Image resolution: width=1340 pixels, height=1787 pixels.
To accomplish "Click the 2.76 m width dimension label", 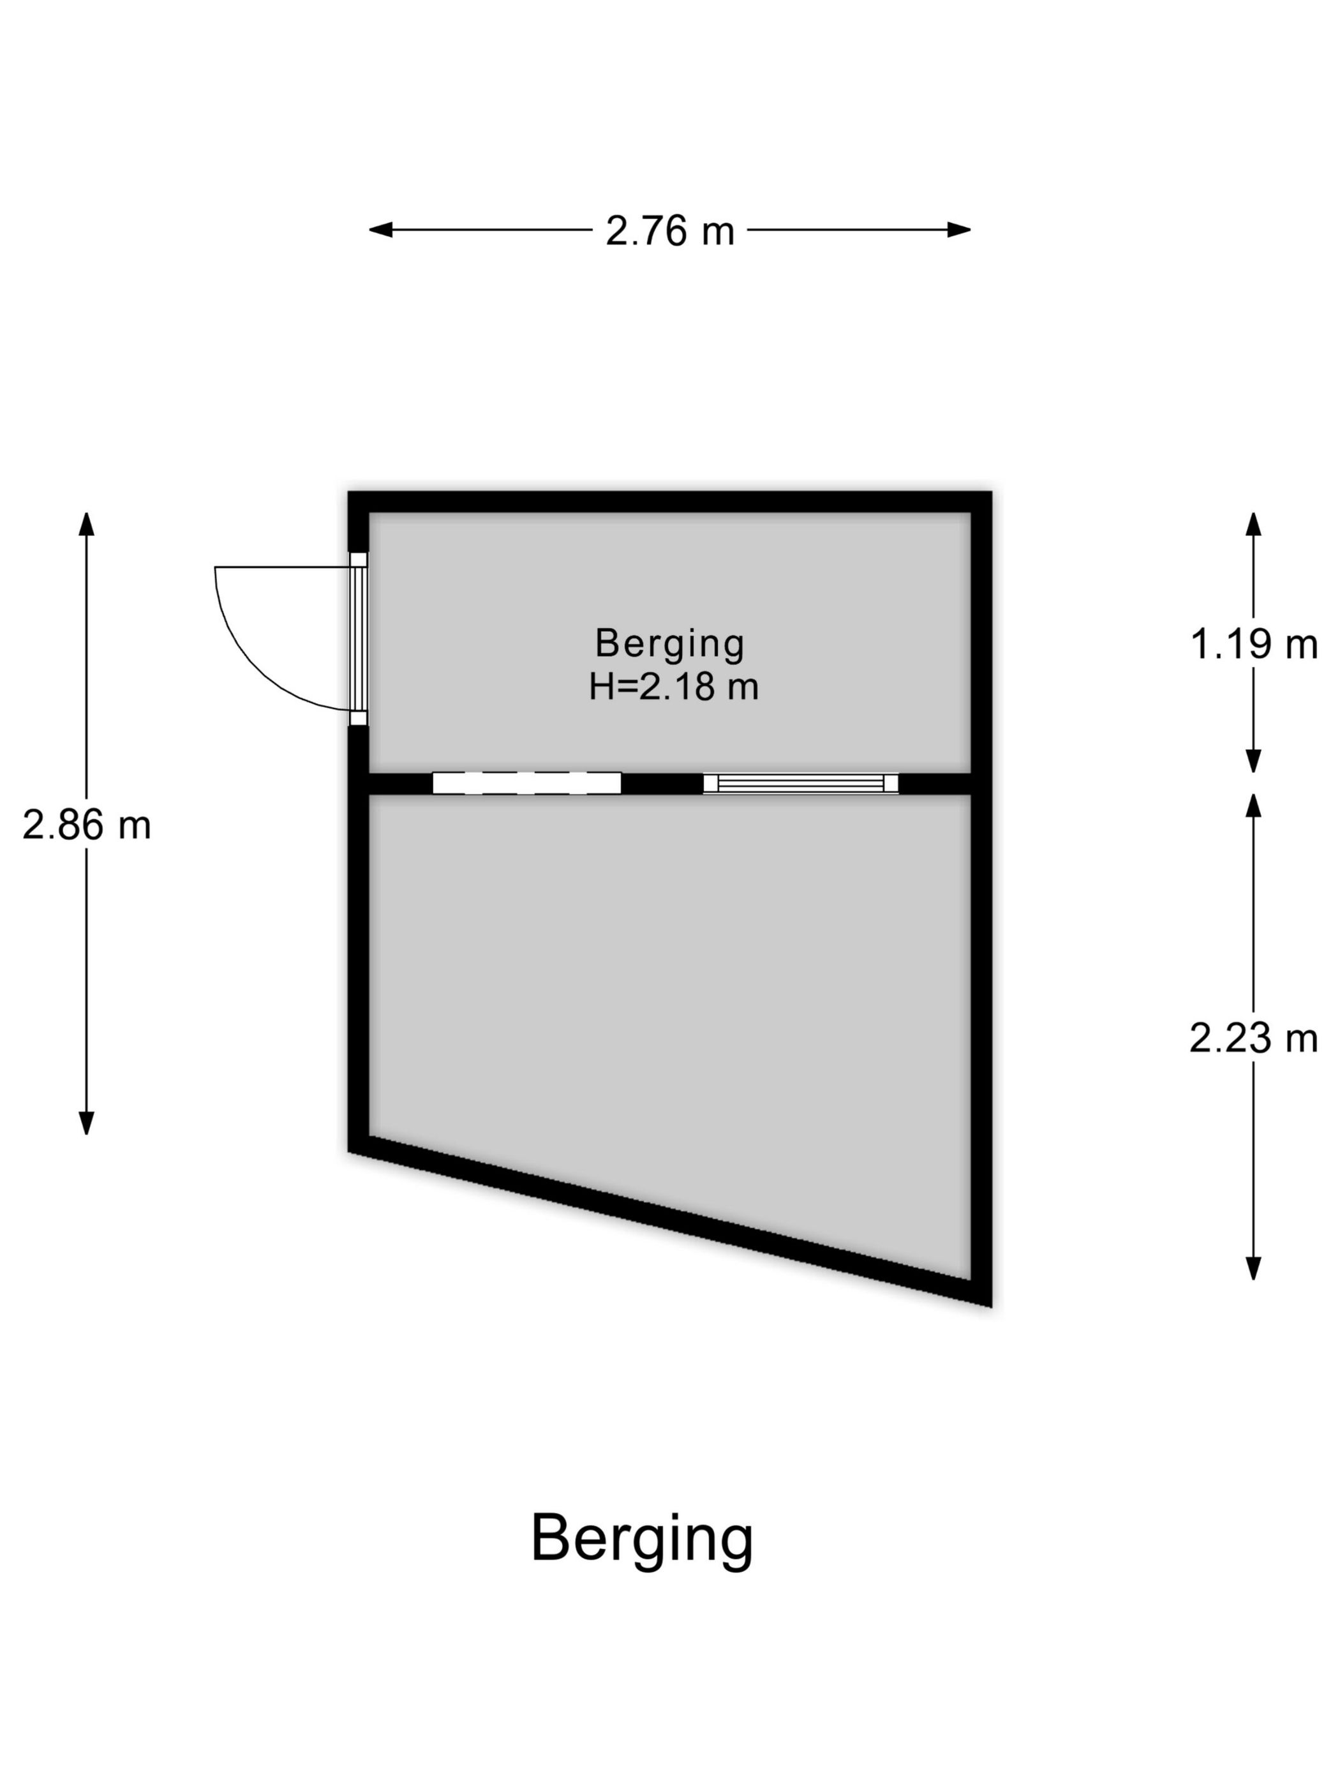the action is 669,231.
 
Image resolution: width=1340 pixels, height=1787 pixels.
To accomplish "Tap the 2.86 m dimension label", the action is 86,826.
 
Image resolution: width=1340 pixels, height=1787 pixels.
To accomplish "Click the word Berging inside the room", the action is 669,645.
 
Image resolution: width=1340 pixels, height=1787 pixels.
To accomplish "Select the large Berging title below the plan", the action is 642,1540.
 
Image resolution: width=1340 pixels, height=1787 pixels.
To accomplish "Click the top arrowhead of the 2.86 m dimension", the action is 86,523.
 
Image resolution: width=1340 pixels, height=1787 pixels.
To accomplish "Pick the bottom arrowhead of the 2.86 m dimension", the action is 86,1124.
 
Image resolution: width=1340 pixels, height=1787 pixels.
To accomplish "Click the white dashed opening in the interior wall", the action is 526,783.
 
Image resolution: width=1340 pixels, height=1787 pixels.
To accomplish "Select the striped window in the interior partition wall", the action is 800,783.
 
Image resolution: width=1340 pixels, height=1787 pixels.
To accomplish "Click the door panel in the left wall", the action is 358,638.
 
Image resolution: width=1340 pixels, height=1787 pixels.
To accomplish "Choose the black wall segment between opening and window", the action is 662,783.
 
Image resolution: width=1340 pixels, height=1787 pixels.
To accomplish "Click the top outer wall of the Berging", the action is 669,502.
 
